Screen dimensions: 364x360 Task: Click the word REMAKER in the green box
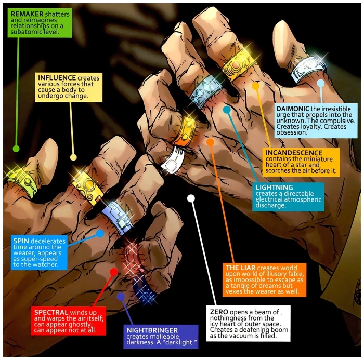[x=27, y=14]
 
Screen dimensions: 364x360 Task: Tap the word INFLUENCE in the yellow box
[x=57, y=78]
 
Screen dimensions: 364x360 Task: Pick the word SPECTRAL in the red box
[x=51, y=312]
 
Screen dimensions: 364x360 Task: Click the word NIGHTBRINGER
[x=152, y=330]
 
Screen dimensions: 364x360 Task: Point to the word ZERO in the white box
[x=219, y=312]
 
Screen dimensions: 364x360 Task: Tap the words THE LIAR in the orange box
[x=240, y=268]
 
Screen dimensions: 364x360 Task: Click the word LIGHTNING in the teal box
[x=275, y=188]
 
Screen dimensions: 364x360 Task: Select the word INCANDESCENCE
[x=294, y=153]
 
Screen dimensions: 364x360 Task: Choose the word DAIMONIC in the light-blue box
[x=293, y=109]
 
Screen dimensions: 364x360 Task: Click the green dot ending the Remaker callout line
[x=16, y=149]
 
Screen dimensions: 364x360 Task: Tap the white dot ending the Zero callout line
[x=191, y=198]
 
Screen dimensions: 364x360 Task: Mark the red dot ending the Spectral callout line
[x=114, y=272]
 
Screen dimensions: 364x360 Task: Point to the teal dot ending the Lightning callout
[x=227, y=110]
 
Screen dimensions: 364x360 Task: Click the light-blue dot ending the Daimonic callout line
[x=321, y=83]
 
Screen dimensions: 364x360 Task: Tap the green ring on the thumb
[x=22, y=181]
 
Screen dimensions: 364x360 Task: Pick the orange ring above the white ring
[x=185, y=131]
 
